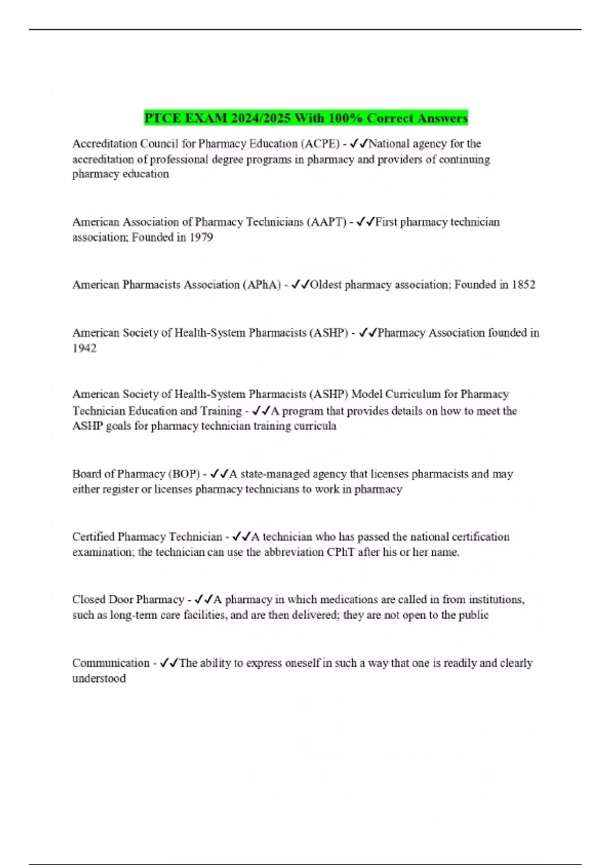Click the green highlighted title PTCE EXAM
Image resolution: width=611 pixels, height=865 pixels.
tap(305, 118)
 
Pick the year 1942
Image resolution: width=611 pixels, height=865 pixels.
tap(84, 349)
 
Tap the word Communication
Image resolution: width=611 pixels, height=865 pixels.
tap(110, 664)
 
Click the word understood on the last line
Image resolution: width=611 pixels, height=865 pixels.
tap(99, 679)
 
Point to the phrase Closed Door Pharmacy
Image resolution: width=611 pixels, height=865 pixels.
tap(128, 600)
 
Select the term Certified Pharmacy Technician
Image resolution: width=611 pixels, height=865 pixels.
tap(147, 537)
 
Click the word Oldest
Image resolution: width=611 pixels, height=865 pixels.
tap(326, 285)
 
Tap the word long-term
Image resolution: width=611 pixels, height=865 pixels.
tap(134, 615)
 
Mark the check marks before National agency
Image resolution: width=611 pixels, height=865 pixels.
tap(359, 144)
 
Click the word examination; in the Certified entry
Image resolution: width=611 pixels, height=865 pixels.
tap(103, 553)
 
